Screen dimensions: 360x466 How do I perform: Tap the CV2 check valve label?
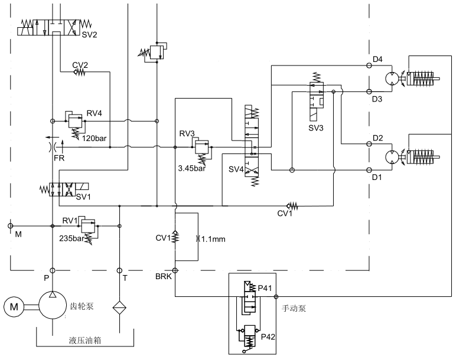click(80, 64)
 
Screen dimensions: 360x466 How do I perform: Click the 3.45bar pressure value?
click(191, 168)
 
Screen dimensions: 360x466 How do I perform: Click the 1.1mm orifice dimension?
click(211, 239)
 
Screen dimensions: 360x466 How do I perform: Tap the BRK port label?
click(163, 276)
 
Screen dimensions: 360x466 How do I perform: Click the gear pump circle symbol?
click(53, 306)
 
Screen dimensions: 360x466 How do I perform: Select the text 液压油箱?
click(83, 341)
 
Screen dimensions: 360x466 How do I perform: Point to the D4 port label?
click(377, 59)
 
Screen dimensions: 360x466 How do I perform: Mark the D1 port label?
click(377, 176)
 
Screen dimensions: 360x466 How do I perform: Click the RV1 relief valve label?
click(70, 220)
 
